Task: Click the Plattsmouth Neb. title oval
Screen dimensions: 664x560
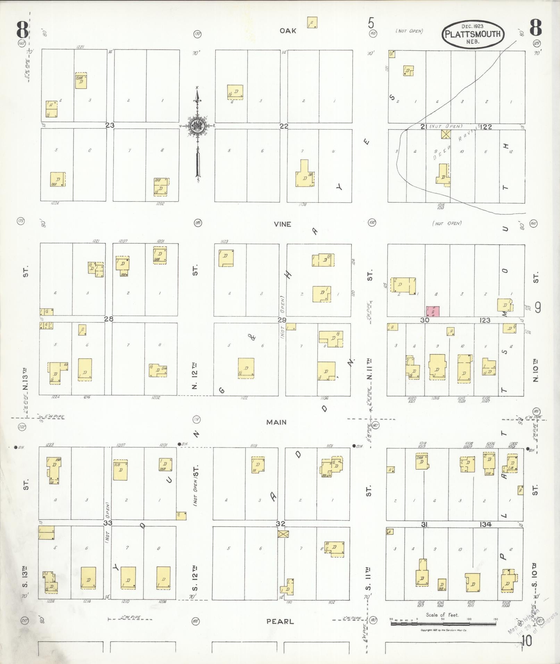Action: (x=473, y=34)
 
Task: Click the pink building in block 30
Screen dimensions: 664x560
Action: (x=433, y=311)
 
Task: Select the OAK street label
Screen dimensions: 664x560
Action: (x=288, y=31)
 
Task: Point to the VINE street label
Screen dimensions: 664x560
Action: (x=282, y=224)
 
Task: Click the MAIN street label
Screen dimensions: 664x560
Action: (x=276, y=422)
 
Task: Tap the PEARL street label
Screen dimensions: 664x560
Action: (x=280, y=621)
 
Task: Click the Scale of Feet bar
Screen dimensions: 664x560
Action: (x=443, y=624)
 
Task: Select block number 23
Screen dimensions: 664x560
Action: (x=110, y=126)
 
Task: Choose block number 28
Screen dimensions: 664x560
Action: (x=109, y=319)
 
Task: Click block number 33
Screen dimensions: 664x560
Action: (x=108, y=523)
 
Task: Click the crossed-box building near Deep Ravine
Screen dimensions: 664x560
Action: (x=445, y=134)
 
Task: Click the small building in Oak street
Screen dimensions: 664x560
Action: (x=312, y=23)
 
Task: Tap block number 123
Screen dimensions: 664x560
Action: (x=485, y=320)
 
